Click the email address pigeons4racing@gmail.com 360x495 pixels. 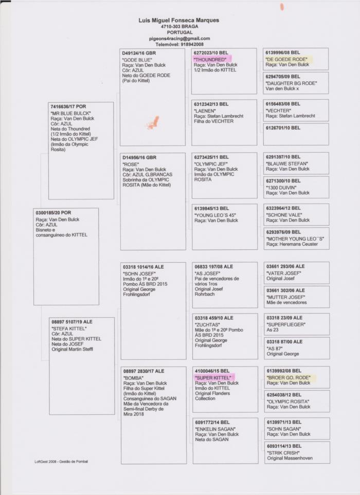179,39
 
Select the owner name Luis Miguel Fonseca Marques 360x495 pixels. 179,20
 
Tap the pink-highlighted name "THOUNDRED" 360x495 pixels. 210,59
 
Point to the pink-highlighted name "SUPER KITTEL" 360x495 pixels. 213,377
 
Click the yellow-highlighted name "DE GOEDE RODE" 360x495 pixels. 287,59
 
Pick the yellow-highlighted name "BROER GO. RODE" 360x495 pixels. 289,377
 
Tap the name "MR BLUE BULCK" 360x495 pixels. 70,113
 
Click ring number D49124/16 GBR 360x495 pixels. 139,53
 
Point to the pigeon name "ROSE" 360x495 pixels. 131,164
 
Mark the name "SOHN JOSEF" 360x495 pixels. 140,274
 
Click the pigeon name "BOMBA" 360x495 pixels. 133,377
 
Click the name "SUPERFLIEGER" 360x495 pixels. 286,324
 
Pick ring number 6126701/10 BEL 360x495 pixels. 283,127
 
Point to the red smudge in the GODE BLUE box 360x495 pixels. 152,123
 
